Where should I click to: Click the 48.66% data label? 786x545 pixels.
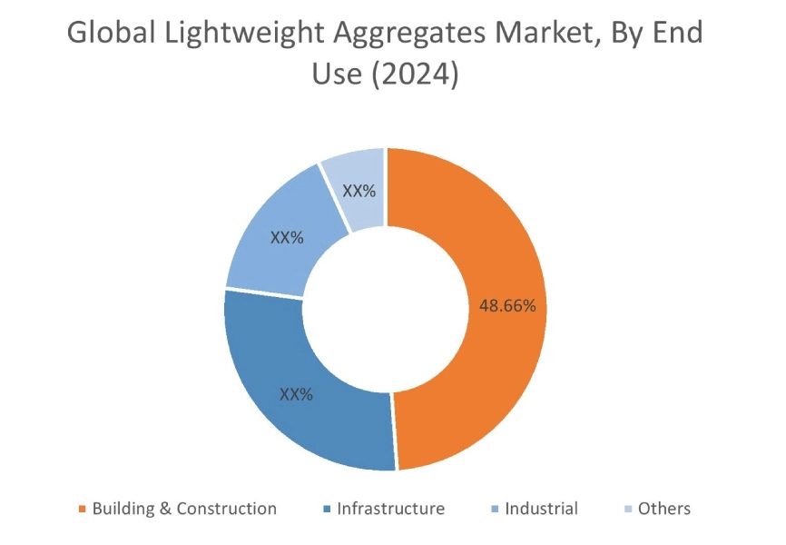pos(507,306)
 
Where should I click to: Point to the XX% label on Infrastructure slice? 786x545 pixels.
pos(296,395)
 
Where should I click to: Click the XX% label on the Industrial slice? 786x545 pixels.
pos(287,237)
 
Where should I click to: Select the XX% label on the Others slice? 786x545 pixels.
pos(359,192)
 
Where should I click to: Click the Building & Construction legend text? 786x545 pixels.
pos(184,509)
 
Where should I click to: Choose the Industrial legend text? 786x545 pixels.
pos(541,509)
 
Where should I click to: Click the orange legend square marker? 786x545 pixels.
pos(84,510)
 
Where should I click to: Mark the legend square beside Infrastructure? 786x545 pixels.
pos(328,510)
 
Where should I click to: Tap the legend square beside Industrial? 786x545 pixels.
pos(496,510)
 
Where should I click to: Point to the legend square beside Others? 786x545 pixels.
pos(629,510)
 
